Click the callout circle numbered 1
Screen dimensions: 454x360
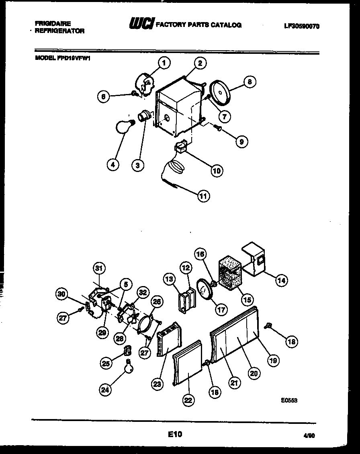click(x=164, y=63)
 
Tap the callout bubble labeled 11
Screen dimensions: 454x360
click(x=204, y=196)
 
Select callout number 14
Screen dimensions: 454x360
click(x=282, y=281)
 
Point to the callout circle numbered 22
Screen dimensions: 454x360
click(x=188, y=400)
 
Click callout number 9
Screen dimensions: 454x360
click(x=241, y=141)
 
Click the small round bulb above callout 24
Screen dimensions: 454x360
click(x=129, y=367)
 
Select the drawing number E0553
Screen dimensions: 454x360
click(x=289, y=401)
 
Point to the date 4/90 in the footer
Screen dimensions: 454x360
click(x=309, y=435)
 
